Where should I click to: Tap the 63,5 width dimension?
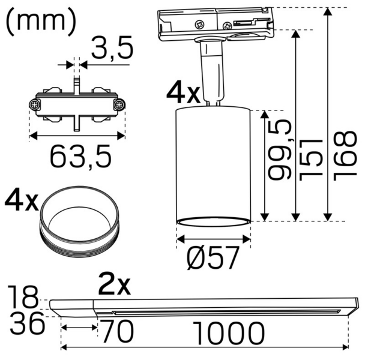(80, 157)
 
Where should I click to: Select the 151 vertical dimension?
(310, 158)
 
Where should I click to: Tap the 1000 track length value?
(229, 331)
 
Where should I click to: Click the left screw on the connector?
(34, 104)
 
